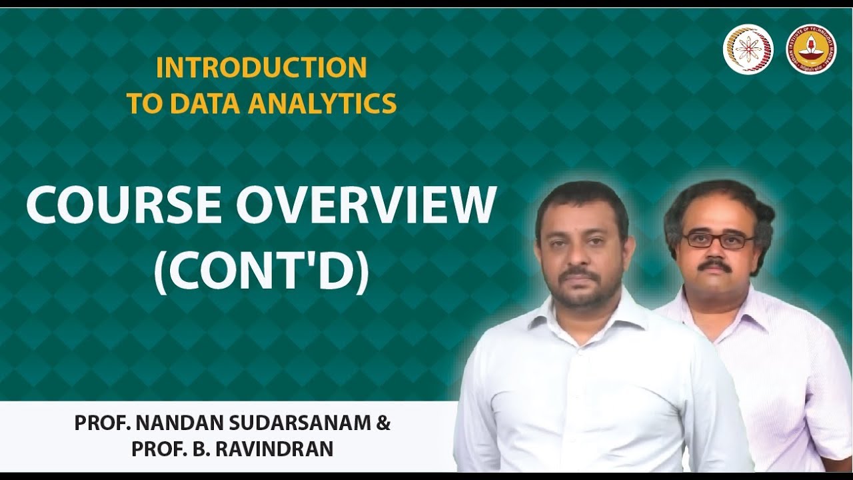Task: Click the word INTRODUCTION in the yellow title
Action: tap(261, 67)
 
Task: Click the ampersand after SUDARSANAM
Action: tap(383, 423)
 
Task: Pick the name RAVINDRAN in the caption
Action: tap(275, 449)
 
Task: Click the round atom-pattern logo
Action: tap(748, 49)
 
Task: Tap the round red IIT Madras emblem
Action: tap(811, 49)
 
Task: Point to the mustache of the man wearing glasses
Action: tap(714, 265)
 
